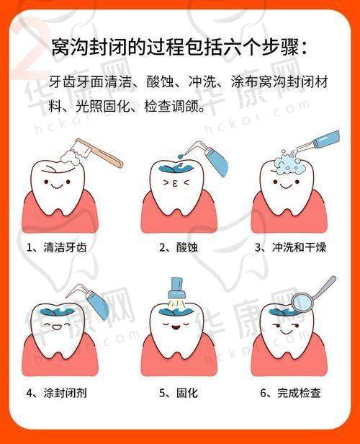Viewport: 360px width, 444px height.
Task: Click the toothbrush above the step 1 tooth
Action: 96,153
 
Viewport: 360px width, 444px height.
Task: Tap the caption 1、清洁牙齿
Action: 57,247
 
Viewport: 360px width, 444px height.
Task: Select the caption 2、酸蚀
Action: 178,247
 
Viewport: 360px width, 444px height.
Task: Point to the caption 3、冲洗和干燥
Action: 291,247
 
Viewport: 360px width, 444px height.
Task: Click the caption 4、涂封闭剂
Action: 57,393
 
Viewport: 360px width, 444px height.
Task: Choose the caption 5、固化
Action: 178,393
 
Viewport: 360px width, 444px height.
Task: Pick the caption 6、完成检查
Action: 290,393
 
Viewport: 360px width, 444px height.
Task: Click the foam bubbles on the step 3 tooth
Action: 289,164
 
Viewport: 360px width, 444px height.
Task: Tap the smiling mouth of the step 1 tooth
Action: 57,186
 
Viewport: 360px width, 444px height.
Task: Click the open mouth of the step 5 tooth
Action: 176,328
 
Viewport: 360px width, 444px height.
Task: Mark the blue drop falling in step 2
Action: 180,156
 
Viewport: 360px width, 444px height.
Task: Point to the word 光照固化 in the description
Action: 103,107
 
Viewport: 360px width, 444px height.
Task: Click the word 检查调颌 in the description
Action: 171,107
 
